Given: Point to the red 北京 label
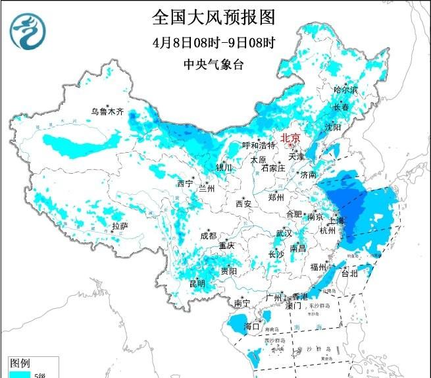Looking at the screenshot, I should [x=290, y=138].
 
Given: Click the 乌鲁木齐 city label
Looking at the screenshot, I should [x=107, y=111].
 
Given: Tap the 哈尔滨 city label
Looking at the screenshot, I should [x=345, y=90].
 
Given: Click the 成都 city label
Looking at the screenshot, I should [x=208, y=235].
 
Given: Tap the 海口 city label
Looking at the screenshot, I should [x=252, y=326].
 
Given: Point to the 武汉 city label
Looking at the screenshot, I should [x=284, y=233].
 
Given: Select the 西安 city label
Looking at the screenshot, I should [x=243, y=204].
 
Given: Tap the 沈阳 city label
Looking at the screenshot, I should [x=333, y=126].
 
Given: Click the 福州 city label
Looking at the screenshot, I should [x=319, y=267].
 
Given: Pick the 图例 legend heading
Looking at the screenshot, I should [x=20, y=363].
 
